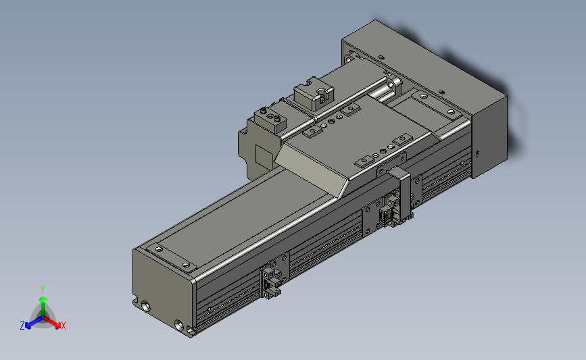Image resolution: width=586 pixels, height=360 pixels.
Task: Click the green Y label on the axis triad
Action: pyautogui.click(x=42, y=289)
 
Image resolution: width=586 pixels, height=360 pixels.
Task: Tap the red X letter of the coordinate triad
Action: pyautogui.click(x=63, y=326)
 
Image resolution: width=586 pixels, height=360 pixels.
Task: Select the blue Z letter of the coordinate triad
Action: pyautogui.click(x=22, y=326)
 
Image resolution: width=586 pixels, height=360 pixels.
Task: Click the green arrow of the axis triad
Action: pyautogui.click(x=42, y=302)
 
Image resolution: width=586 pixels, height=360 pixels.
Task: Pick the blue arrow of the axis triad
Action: pyautogui.click(x=31, y=322)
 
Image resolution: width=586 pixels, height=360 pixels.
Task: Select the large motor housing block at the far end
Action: pyautogui.click(x=433, y=88)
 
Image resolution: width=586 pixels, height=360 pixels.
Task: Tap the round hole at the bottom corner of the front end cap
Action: pyautogui.click(x=178, y=323)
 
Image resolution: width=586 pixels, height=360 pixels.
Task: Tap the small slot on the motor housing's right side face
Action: pyautogui.click(x=478, y=154)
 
